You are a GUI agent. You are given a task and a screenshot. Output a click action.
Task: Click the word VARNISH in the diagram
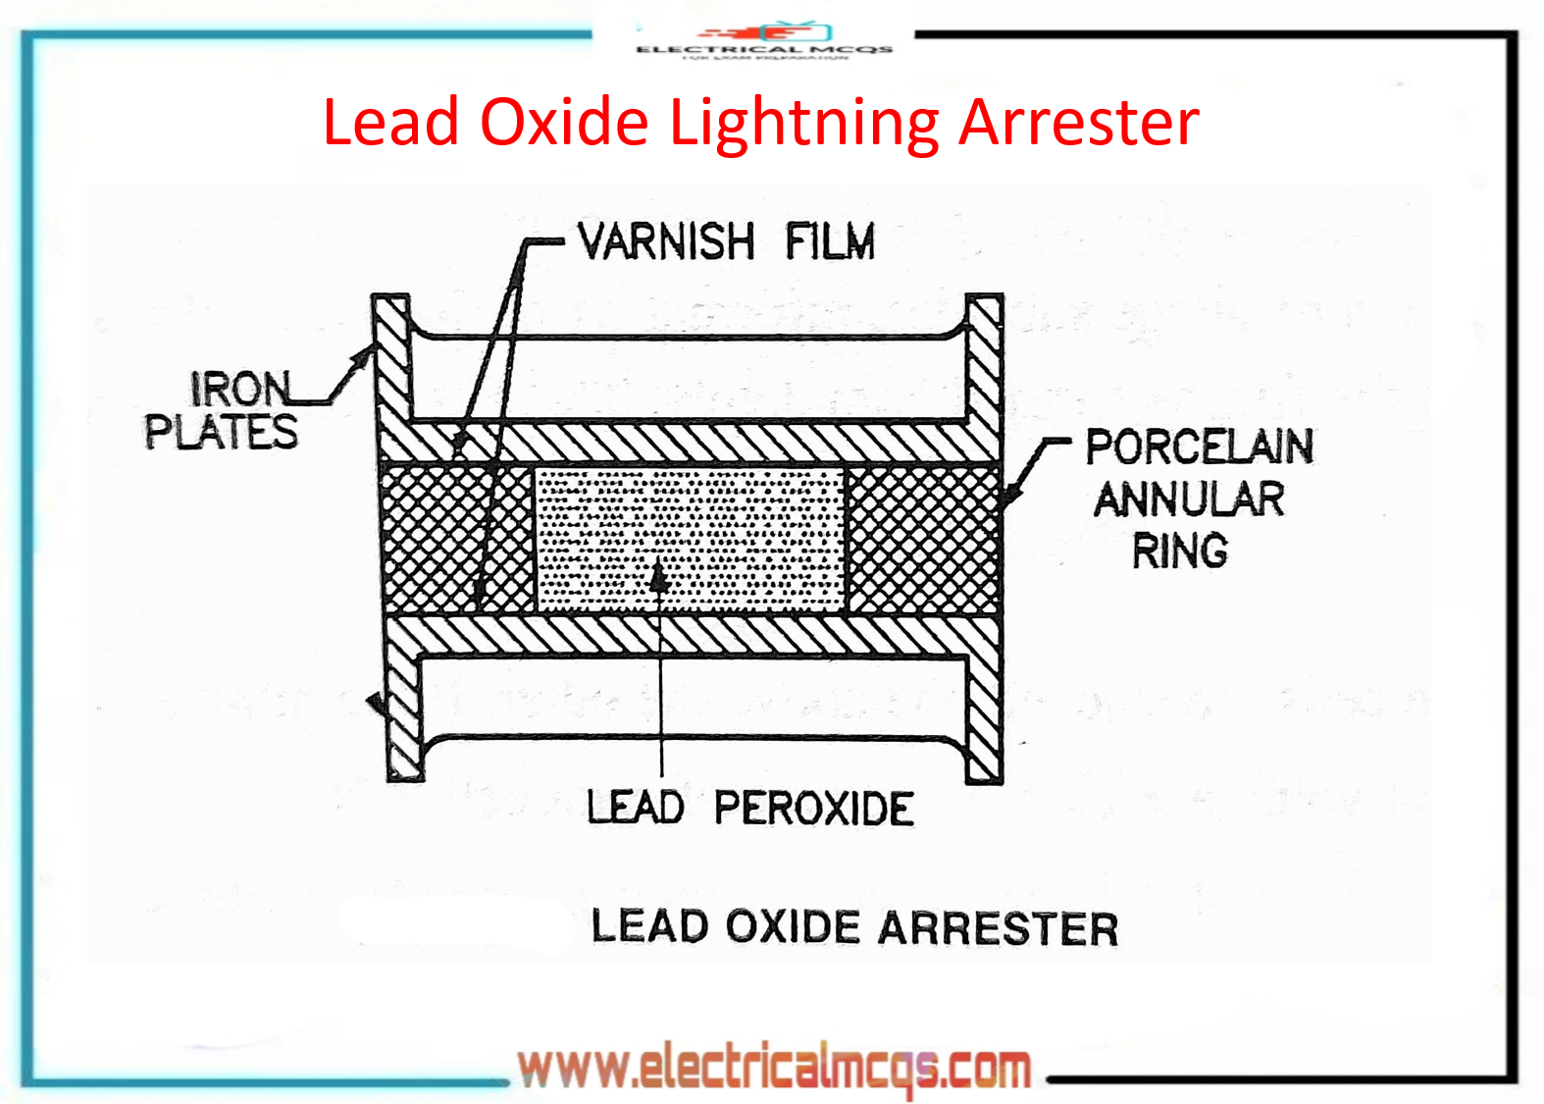click(x=666, y=241)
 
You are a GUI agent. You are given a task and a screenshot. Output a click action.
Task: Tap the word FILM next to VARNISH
click(x=830, y=241)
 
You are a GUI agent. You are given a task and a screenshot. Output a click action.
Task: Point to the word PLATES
click(x=221, y=432)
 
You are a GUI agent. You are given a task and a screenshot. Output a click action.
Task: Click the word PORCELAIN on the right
click(x=1199, y=447)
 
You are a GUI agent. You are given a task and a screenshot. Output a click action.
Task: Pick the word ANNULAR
click(x=1189, y=499)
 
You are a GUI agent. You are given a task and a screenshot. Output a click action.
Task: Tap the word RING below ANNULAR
click(x=1180, y=551)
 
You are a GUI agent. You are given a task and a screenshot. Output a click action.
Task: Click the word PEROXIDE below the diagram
click(x=813, y=810)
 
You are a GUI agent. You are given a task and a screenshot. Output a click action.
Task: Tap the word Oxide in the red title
click(x=564, y=124)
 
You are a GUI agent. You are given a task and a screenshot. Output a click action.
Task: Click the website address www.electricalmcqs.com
click(x=774, y=1068)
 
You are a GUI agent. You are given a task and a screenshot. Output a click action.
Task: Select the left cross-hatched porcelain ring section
click(x=432, y=540)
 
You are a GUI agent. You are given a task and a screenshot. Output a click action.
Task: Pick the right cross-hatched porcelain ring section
click(x=922, y=540)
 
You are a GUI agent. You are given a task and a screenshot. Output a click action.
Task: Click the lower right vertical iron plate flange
click(x=985, y=716)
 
